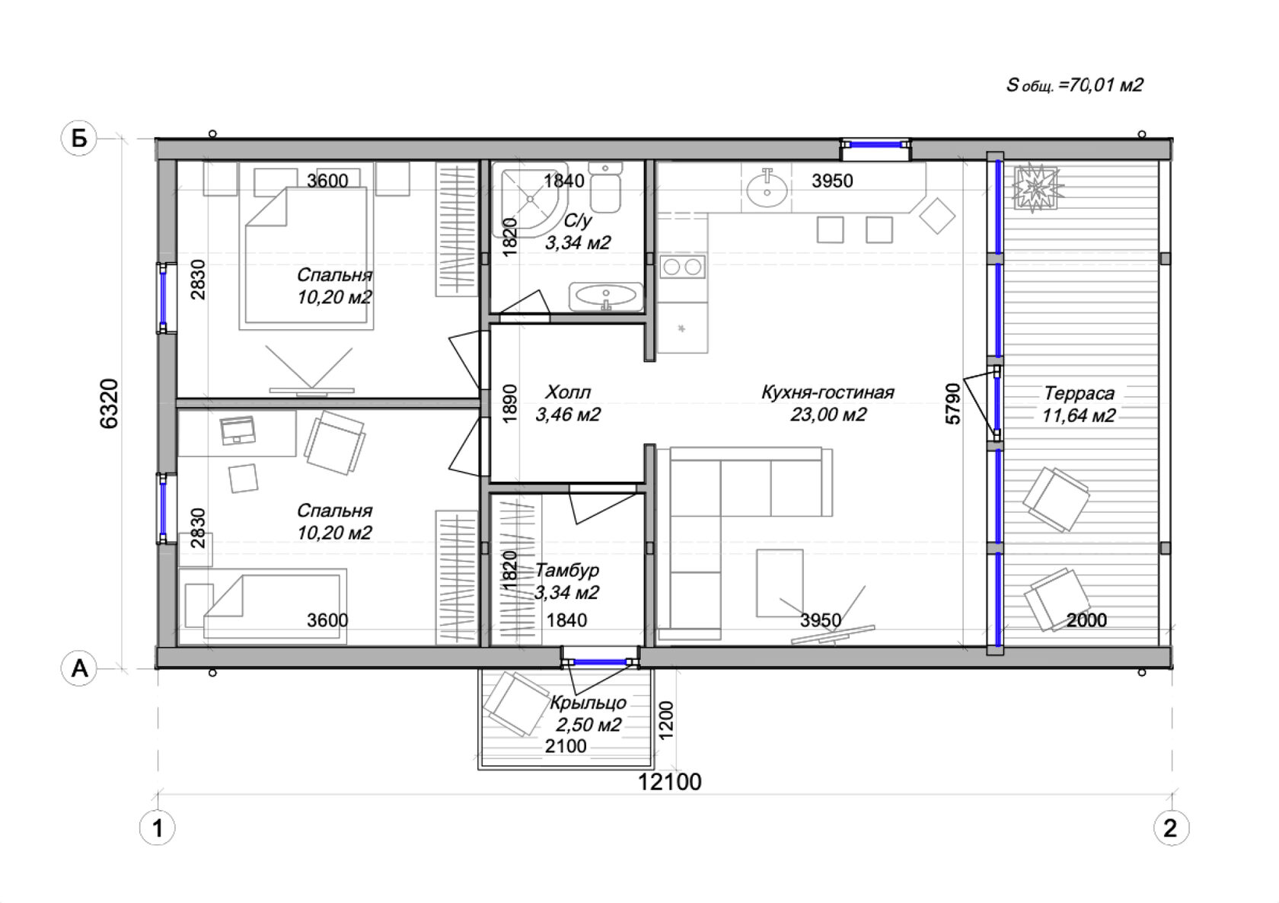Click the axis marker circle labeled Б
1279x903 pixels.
pyautogui.click(x=79, y=138)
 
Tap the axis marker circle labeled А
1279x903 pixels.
pyautogui.click(x=79, y=668)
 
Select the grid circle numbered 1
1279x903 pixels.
pyautogui.click(x=157, y=828)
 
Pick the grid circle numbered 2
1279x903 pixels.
pyautogui.click(x=1171, y=828)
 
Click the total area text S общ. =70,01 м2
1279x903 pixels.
pyautogui.click(x=1075, y=85)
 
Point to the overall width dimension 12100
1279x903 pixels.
pyautogui.click(x=669, y=782)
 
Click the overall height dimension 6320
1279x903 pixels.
pyautogui.click(x=109, y=404)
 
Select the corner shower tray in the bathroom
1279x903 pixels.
pyautogui.click(x=531, y=200)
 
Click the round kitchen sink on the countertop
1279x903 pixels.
pyautogui.click(x=767, y=189)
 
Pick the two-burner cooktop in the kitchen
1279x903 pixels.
pyautogui.click(x=682, y=267)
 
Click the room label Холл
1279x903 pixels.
pyautogui.click(x=568, y=392)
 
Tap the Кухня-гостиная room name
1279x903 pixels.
pyautogui.click(x=828, y=392)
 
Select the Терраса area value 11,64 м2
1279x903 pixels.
pyautogui.click(x=1079, y=415)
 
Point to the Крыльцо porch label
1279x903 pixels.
pyautogui.click(x=588, y=703)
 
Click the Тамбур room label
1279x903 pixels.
pyautogui.click(x=567, y=570)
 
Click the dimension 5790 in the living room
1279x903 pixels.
pyautogui.click(x=953, y=404)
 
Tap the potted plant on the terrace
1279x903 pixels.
pyautogui.click(x=1034, y=187)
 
